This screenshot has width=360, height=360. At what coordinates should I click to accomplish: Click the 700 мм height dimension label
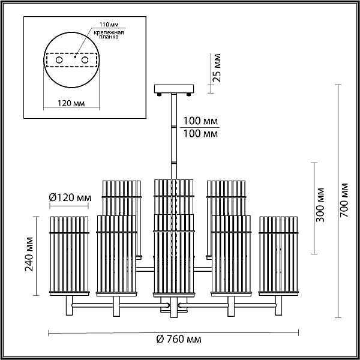pos(344,200)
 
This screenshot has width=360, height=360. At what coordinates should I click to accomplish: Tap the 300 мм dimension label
pos(320,205)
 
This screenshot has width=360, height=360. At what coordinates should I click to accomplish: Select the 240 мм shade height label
pos(29,254)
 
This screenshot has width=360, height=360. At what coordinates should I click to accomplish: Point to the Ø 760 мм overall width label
pos(179,339)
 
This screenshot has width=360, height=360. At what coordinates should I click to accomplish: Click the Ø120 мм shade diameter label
pos(70,197)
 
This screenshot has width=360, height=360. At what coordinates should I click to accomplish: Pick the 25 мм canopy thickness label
pos(216,67)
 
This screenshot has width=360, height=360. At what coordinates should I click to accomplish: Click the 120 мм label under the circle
pos(71,103)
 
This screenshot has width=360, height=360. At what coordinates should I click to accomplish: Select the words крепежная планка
pos(109,35)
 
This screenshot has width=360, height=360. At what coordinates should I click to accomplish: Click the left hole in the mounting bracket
pos(59,60)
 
